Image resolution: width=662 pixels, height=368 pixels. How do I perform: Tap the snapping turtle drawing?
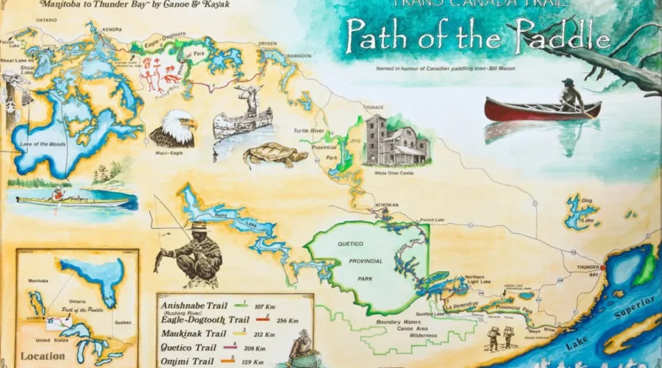275,155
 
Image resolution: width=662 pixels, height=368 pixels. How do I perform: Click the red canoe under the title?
542,110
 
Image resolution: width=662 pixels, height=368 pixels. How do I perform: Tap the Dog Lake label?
586,209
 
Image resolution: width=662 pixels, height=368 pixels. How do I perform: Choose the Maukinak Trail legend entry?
193,333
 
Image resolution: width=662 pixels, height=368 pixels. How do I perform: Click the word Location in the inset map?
43,355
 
